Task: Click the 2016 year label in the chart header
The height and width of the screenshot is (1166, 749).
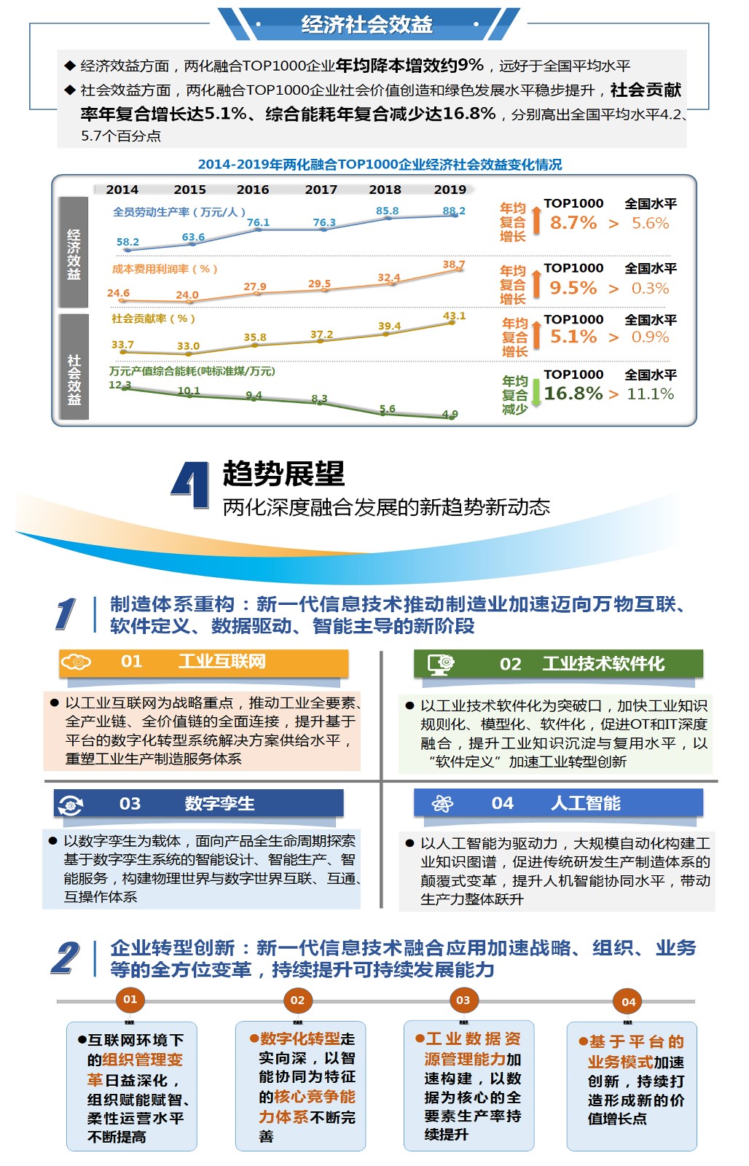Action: click(253, 189)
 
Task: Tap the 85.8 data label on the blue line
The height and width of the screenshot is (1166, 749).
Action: click(387, 211)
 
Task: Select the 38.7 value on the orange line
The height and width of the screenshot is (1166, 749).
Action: click(453, 265)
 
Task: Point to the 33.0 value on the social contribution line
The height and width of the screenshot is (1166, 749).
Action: click(188, 346)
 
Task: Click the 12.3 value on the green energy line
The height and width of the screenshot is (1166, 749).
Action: click(119, 385)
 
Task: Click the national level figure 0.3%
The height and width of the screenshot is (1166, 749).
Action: click(650, 289)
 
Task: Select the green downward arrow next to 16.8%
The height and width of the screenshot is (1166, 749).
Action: click(536, 394)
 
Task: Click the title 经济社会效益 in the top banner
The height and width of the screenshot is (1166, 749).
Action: click(367, 25)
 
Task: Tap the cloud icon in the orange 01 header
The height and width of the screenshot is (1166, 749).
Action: click(76, 662)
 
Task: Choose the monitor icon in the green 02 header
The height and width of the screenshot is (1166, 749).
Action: click(441, 664)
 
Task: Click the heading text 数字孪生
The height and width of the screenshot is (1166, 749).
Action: click(219, 804)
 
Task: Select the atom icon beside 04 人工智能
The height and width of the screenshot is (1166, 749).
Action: click(442, 804)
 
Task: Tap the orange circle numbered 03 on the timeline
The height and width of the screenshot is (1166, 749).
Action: click(463, 1001)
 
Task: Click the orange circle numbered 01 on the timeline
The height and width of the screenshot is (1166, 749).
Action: click(130, 1000)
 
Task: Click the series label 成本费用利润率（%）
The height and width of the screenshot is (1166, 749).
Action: click(165, 269)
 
